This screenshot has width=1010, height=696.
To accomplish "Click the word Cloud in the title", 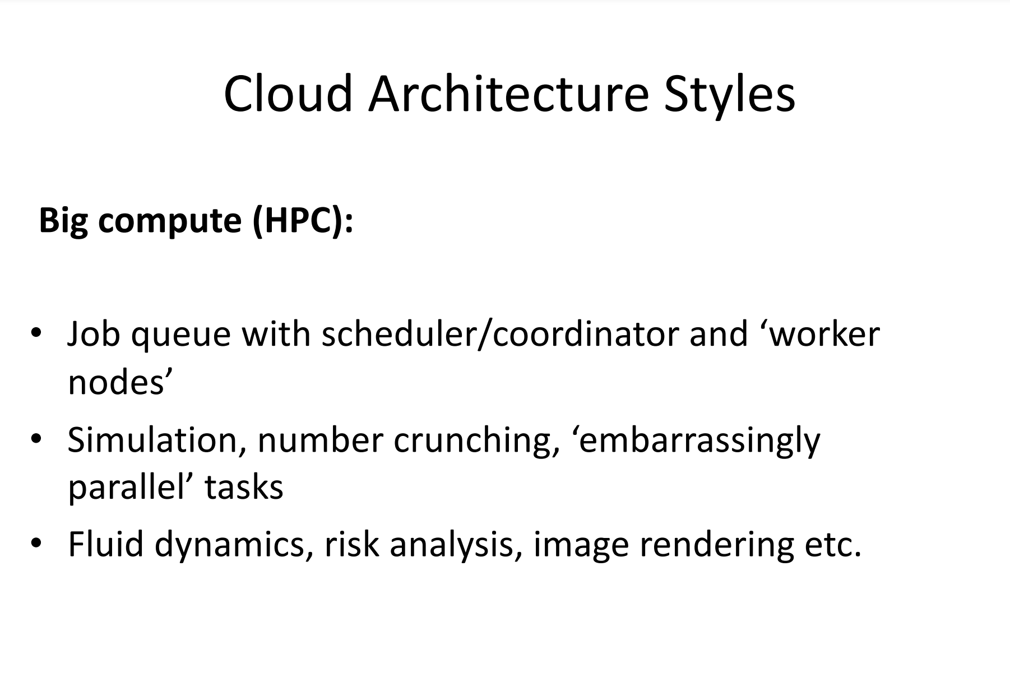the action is click(x=288, y=94).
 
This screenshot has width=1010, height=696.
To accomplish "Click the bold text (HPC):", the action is click(x=303, y=220).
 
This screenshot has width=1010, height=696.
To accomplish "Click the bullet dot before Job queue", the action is click(x=36, y=333).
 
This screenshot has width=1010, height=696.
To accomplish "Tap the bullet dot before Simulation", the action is click(x=36, y=439).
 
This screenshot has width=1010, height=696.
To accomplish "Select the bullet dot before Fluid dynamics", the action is click(x=36, y=544).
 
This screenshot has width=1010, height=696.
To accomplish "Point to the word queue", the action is click(x=181, y=338).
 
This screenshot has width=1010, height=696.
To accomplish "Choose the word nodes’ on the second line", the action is click(x=117, y=383).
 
